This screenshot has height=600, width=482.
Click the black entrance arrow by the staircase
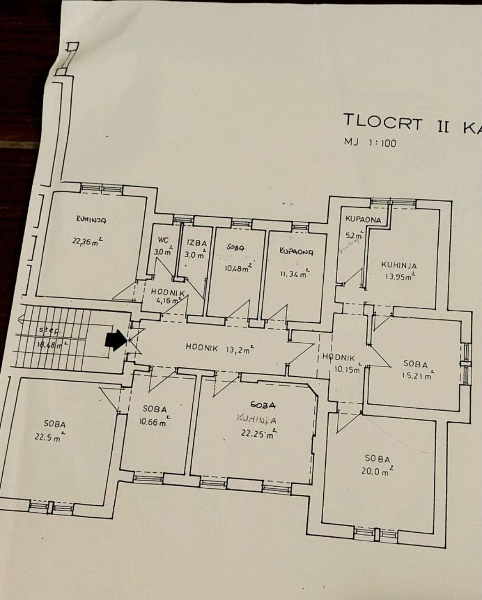116,341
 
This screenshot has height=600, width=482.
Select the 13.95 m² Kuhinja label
399,266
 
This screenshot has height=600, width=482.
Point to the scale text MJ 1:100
369,143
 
